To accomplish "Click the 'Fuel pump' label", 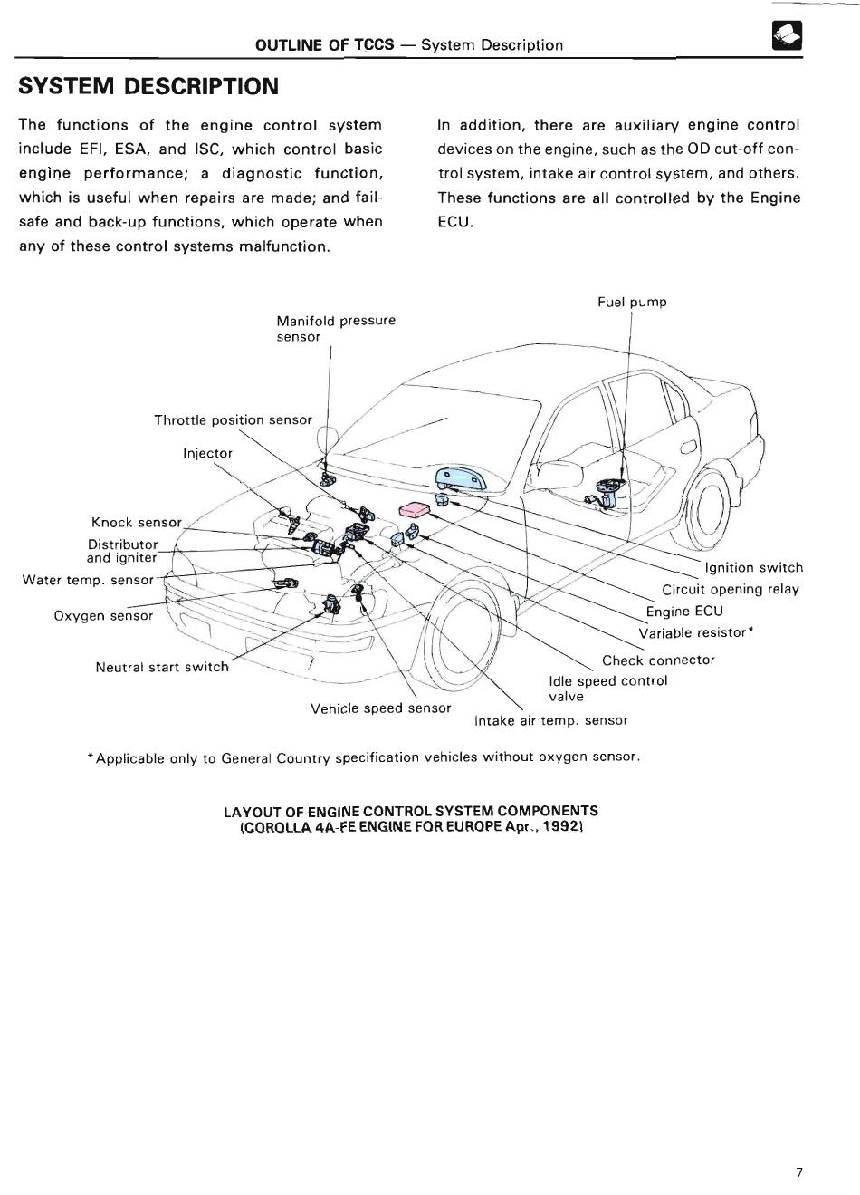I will (x=631, y=302).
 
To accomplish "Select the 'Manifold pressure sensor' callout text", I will (x=335, y=328).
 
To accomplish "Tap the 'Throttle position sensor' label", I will (x=233, y=419).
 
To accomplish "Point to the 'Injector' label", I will (x=207, y=453).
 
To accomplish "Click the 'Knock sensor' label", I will (x=137, y=523).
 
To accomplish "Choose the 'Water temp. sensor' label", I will (x=88, y=580).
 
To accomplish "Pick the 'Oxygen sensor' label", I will (x=103, y=616).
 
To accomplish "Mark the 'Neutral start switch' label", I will (x=162, y=667).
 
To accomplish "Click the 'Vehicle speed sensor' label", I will (x=380, y=708).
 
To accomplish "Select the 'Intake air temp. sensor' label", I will (x=550, y=720).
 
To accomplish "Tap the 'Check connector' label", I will (x=658, y=660).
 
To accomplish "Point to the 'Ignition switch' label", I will (x=753, y=567).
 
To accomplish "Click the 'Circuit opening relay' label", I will (x=730, y=589).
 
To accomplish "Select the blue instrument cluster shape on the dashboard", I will (x=459, y=479).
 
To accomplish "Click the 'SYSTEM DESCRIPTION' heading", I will (x=148, y=86).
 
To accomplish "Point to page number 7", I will (x=798, y=1171).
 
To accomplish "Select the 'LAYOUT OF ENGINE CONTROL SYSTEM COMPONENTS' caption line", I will (x=410, y=811).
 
